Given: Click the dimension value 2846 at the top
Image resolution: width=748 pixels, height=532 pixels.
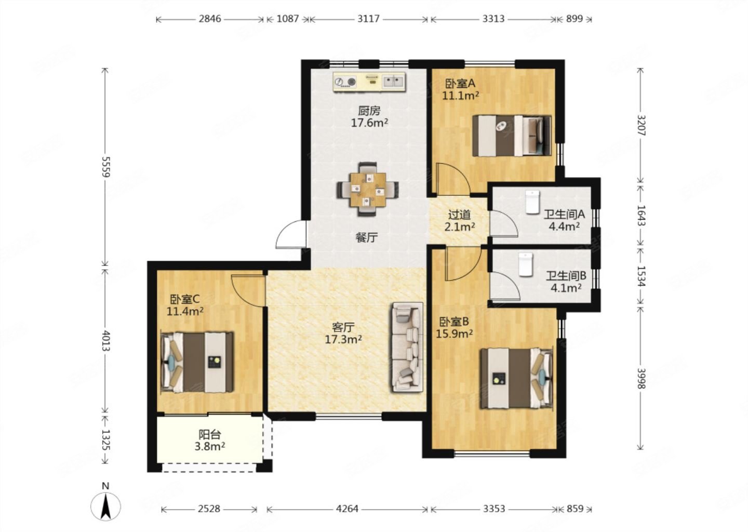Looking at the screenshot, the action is click(210, 19).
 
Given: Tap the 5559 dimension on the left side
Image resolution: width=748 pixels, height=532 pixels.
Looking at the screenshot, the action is click(105, 167).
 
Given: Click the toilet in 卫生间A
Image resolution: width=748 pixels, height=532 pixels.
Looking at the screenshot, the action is click(532, 202).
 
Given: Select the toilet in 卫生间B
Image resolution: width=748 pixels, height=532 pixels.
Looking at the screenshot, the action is click(526, 264).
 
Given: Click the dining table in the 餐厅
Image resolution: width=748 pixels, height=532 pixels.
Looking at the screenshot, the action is click(368, 189).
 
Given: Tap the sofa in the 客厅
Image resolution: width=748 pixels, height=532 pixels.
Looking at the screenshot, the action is click(407, 348).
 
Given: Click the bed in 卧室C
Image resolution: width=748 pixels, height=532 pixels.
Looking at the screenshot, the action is click(197, 362).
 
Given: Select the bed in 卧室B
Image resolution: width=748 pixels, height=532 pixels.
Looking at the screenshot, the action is click(516, 379).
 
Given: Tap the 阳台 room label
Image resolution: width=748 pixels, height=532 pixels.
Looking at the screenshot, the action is click(210, 434).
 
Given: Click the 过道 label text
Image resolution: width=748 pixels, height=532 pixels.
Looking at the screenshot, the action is click(460, 215).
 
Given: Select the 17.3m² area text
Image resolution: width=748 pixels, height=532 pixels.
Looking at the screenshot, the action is click(343, 340).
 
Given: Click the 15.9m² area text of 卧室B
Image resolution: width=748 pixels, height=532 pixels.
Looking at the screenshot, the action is click(454, 334).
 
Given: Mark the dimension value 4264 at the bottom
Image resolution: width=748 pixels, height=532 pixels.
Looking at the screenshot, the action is click(348, 509).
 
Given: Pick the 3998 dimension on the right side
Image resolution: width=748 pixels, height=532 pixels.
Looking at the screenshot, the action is click(641, 378).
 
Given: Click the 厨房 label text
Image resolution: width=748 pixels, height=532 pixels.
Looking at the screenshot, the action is click(369, 111).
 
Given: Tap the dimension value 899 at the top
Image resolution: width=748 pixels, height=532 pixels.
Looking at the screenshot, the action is click(575, 19).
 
